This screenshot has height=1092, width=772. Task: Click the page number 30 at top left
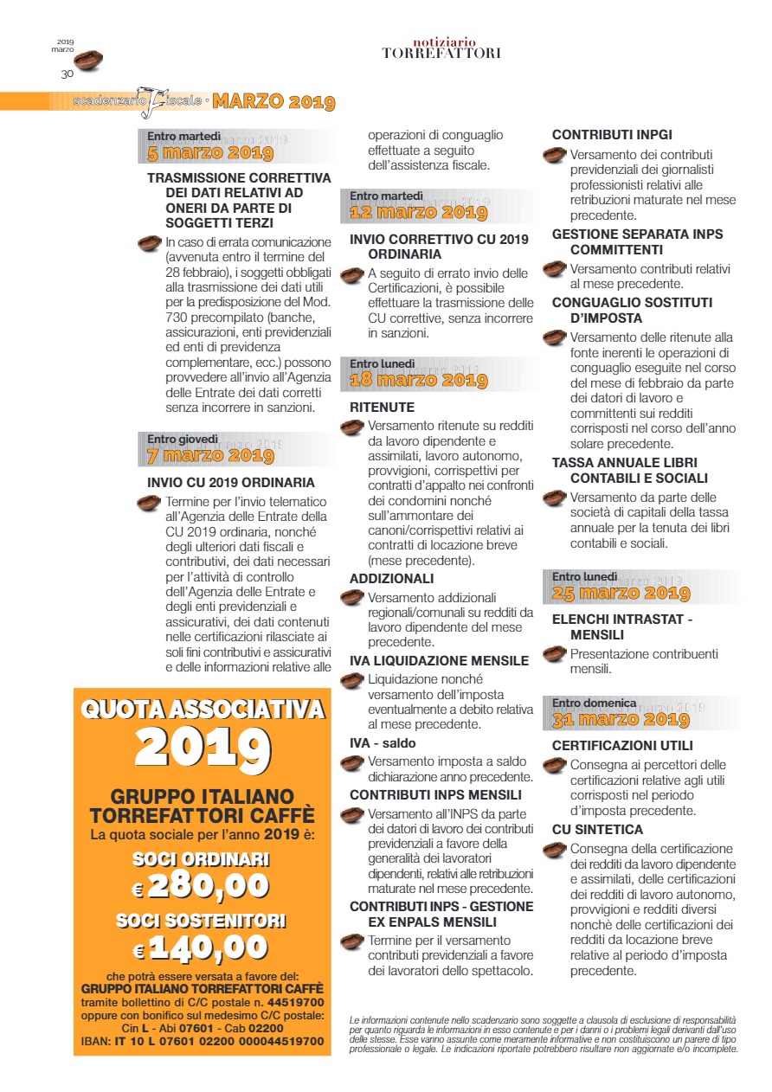click(67, 74)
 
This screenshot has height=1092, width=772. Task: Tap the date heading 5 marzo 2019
click(210, 154)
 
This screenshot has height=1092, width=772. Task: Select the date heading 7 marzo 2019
click(210, 455)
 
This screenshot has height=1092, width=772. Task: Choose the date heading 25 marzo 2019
click(621, 593)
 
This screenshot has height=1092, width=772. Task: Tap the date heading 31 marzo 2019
click(621, 719)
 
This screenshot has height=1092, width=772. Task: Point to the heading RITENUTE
click(382, 408)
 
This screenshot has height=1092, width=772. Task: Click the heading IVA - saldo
click(383, 743)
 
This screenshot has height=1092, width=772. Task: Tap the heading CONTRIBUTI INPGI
click(612, 135)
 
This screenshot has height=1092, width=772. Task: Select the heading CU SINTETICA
click(597, 830)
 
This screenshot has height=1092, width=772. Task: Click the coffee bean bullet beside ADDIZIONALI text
click(351, 597)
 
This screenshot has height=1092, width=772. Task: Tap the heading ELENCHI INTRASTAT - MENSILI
click(622, 626)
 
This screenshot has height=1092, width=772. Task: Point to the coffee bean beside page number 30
click(88, 61)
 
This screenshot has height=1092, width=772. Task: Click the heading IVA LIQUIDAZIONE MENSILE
click(439, 661)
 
